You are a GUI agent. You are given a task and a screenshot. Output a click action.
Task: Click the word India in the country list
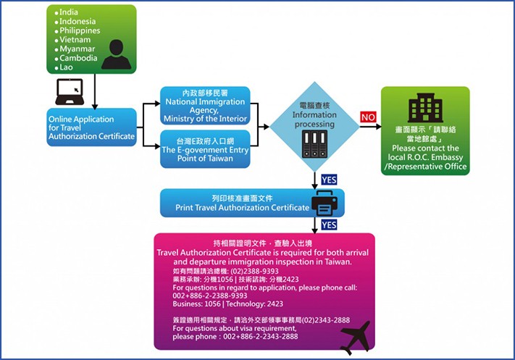pos(69,12)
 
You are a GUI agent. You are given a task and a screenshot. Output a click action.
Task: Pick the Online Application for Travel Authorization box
pos(91,127)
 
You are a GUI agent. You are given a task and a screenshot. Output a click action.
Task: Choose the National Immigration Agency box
pos(205,106)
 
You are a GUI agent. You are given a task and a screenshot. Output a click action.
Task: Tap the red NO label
pos(367,117)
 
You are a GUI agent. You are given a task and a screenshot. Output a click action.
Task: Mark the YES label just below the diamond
pos(328,179)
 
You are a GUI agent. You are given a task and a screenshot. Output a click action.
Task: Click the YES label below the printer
pos(328,225)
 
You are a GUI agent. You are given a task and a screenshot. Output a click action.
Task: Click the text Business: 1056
pos(190,304)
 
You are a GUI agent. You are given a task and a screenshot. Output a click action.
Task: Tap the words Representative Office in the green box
pos(427,167)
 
